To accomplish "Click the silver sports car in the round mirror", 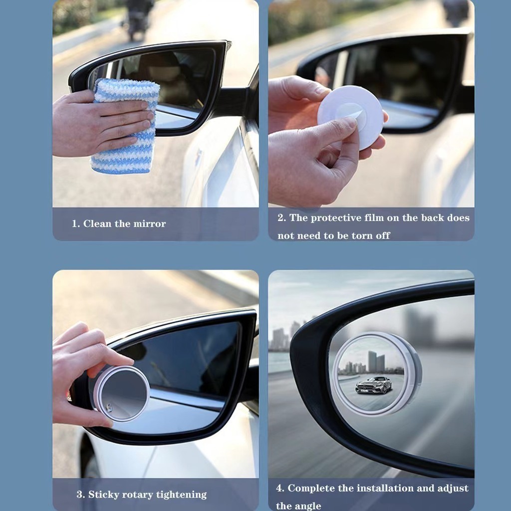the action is point(373,385).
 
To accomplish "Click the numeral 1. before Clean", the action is point(76,224).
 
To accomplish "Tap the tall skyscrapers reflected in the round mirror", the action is point(376,361).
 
